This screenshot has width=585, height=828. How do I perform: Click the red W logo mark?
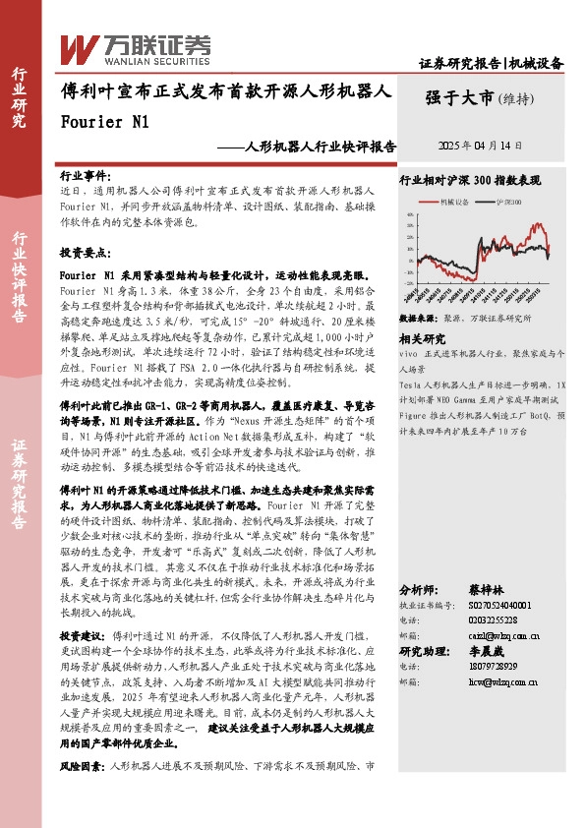click(x=79, y=46)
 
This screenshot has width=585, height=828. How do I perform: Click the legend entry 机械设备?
click(x=454, y=202)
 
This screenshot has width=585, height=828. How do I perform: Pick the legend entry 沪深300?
click(x=509, y=202)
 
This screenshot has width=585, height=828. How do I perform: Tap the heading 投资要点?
click(x=85, y=252)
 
